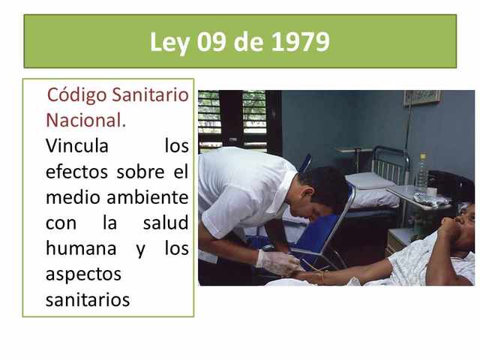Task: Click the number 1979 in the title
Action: (299, 42)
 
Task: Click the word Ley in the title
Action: (170, 43)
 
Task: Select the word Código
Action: (77, 96)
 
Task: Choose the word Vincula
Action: (76, 145)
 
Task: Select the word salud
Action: (165, 223)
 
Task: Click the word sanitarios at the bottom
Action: (88, 300)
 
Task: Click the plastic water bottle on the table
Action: (421, 174)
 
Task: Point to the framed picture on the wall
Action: (421, 97)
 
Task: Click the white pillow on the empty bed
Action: (369, 181)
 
